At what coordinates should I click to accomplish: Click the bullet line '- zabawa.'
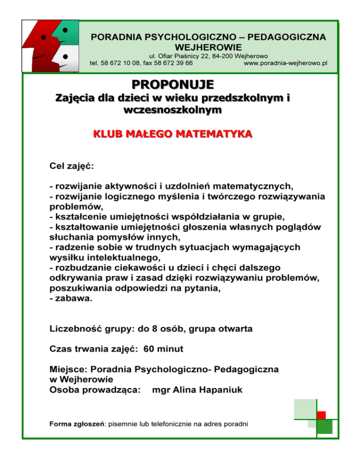(x=71, y=301)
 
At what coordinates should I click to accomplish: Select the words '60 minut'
(x=162, y=349)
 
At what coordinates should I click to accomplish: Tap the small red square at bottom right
(x=321, y=415)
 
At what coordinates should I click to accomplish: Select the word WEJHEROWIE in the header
(x=208, y=47)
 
